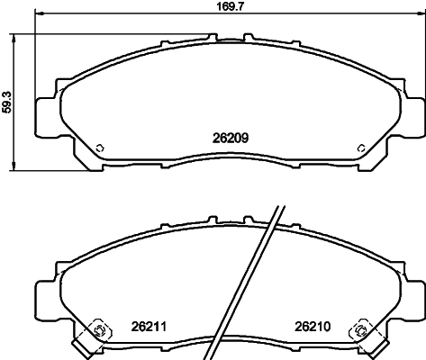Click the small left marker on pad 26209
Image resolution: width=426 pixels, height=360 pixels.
pos(100,148)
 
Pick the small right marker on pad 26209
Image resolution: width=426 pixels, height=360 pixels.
pos(358,148)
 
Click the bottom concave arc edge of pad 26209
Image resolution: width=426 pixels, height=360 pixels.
pos(229,154)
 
